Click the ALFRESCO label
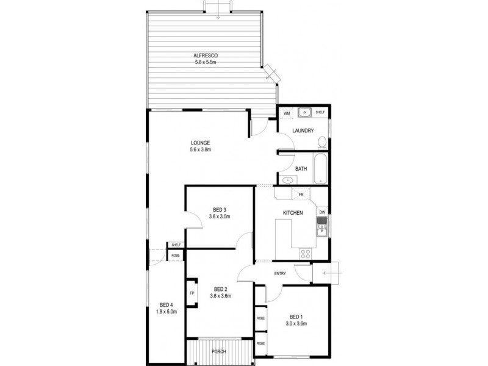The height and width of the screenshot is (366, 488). pyautogui.click(x=206, y=56)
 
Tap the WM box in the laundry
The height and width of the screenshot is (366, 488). pyautogui.click(x=286, y=113)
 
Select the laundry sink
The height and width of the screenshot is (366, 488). pyautogui.click(x=304, y=112)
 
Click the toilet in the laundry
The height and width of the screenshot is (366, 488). pyautogui.click(x=321, y=142)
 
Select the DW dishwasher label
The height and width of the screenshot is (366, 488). pyautogui.click(x=322, y=212)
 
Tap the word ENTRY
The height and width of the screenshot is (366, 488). pyautogui.click(x=280, y=273)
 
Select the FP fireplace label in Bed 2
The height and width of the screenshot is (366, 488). pyautogui.click(x=192, y=293)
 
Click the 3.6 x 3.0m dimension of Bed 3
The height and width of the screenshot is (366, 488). pyautogui.click(x=220, y=217)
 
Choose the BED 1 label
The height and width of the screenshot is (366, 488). pyautogui.click(x=295, y=317)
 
